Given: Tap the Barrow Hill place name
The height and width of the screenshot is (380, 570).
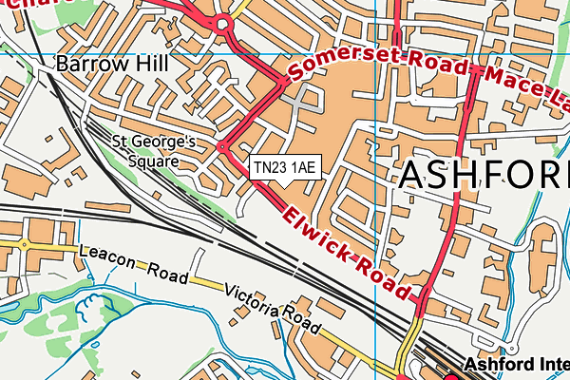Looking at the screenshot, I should pos(111,66).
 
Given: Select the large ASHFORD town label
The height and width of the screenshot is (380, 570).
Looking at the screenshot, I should pos(483,176).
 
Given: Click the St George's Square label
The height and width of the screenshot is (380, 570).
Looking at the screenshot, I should pos(153,152).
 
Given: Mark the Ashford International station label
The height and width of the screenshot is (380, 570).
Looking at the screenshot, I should pos(517,365).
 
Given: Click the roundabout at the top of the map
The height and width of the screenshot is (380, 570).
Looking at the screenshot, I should pos(223,24).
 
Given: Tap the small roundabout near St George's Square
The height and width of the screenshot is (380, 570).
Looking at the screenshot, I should pos(222,146).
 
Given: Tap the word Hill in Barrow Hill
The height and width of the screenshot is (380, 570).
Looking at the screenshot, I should pos(150,66).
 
